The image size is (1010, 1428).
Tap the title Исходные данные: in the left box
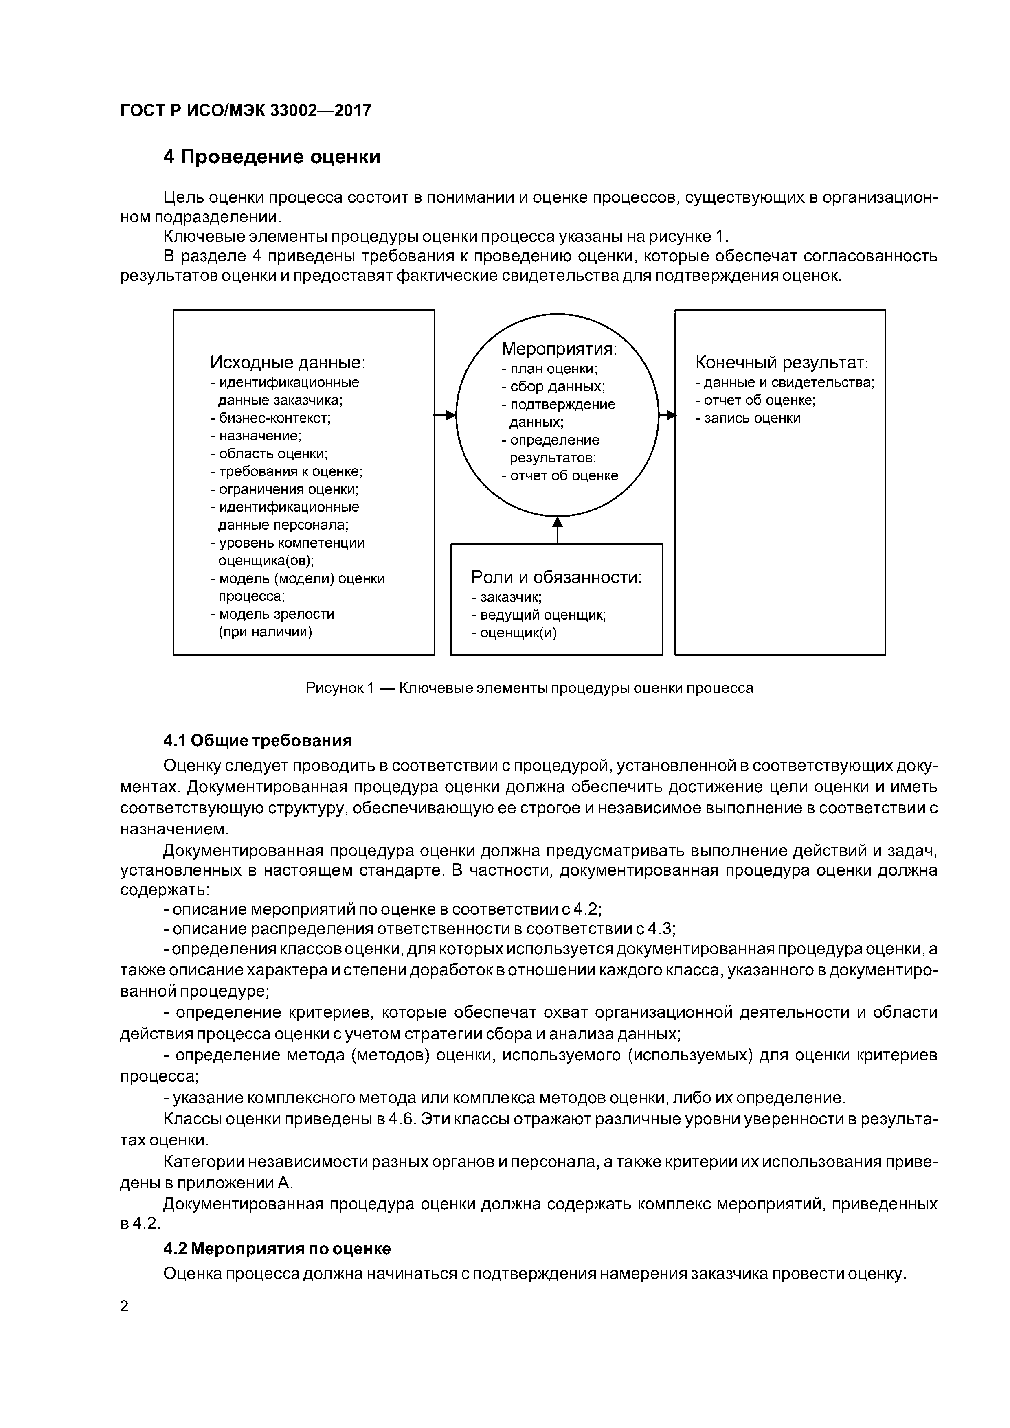click(x=288, y=362)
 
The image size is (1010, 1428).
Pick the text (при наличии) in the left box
click(x=265, y=632)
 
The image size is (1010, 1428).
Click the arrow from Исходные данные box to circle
click(x=445, y=415)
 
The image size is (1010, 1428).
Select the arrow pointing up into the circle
click(x=557, y=529)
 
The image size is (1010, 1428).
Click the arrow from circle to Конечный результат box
click(x=667, y=415)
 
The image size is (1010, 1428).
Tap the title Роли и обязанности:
click(x=556, y=577)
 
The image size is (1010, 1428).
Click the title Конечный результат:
click(x=781, y=362)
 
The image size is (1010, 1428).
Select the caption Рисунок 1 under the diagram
click(x=529, y=688)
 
